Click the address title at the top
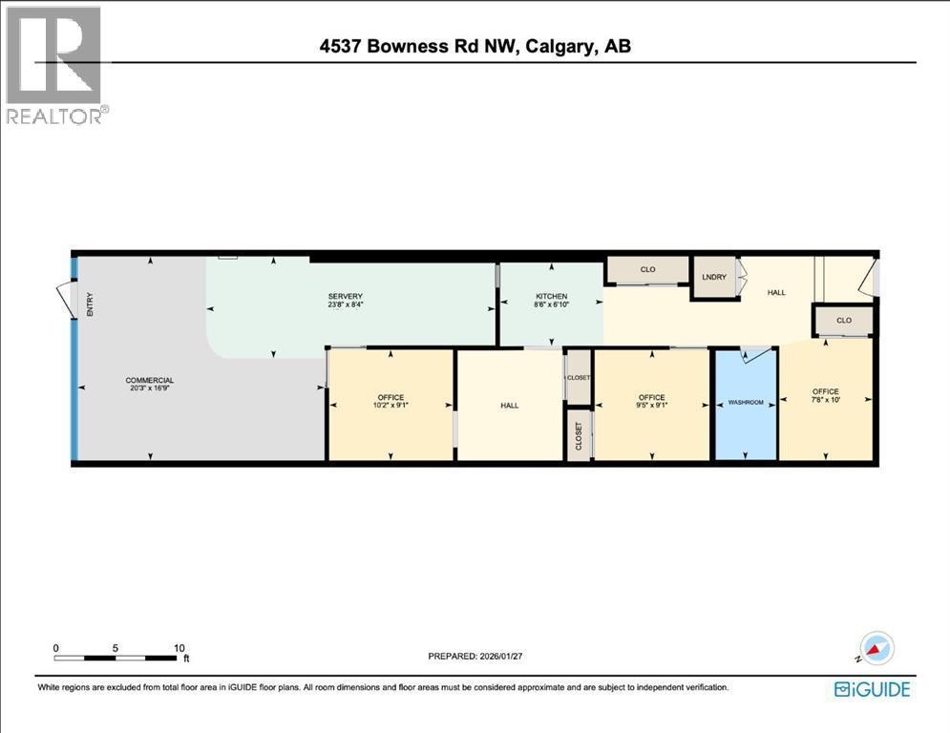click(475, 45)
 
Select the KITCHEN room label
click(551, 296)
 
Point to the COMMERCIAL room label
click(150, 380)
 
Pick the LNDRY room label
click(715, 277)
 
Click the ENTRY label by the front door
click(91, 304)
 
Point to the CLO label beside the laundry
click(647, 270)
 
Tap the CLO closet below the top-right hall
click(844, 321)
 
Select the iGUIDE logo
click(872, 688)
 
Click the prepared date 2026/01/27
click(475, 656)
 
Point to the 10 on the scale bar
click(179, 647)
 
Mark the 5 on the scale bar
click(116, 647)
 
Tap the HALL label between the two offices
click(510, 406)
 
